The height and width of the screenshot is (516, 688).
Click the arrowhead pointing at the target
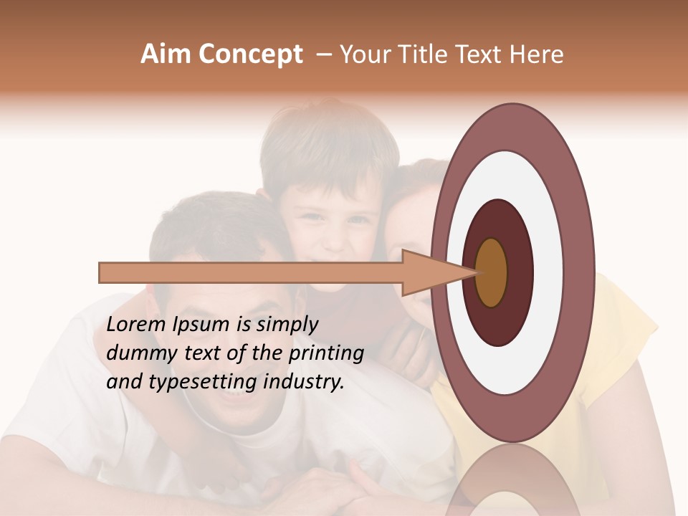pyautogui.click(x=430, y=272)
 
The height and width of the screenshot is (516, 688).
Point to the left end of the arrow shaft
pyautogui.click(x=104, y=272)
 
